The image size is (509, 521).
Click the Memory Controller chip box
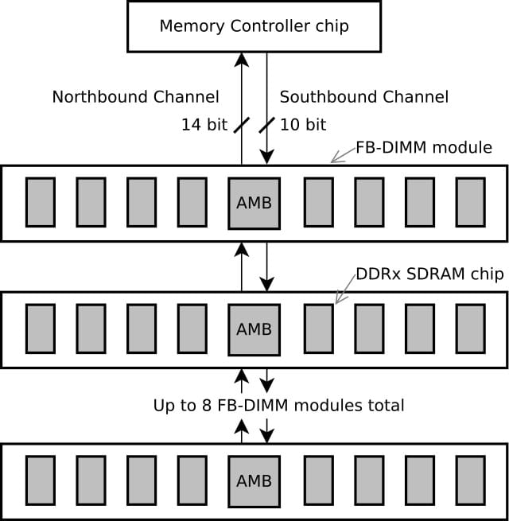click(x=254, y=26)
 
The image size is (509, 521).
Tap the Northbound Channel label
click(x=135, y=97)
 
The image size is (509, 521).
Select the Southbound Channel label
click(x=364, y=97)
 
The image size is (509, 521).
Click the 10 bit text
click(x=303, y=125)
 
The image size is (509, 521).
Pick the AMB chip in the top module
click(x=254, y=203)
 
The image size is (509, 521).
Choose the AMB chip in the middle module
click(x=254, y=329)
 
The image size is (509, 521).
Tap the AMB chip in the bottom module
click(x=254, y=481)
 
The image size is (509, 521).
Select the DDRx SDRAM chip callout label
click(x=429, y=274)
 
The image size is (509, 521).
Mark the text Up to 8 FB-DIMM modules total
click(x=278, y=406)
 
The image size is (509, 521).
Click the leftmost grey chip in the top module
click(x=41, y=203)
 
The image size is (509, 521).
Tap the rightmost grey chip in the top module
click(x=470, y=203)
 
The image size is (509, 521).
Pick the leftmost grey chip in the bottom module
click(x=41, y=481)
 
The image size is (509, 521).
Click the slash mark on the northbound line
click(x=242, y=125)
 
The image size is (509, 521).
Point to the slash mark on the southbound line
click(x=267, y=125)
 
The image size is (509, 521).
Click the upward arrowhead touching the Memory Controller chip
click(x=242, y=58)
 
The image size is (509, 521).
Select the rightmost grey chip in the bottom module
click(x=470, y=481)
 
